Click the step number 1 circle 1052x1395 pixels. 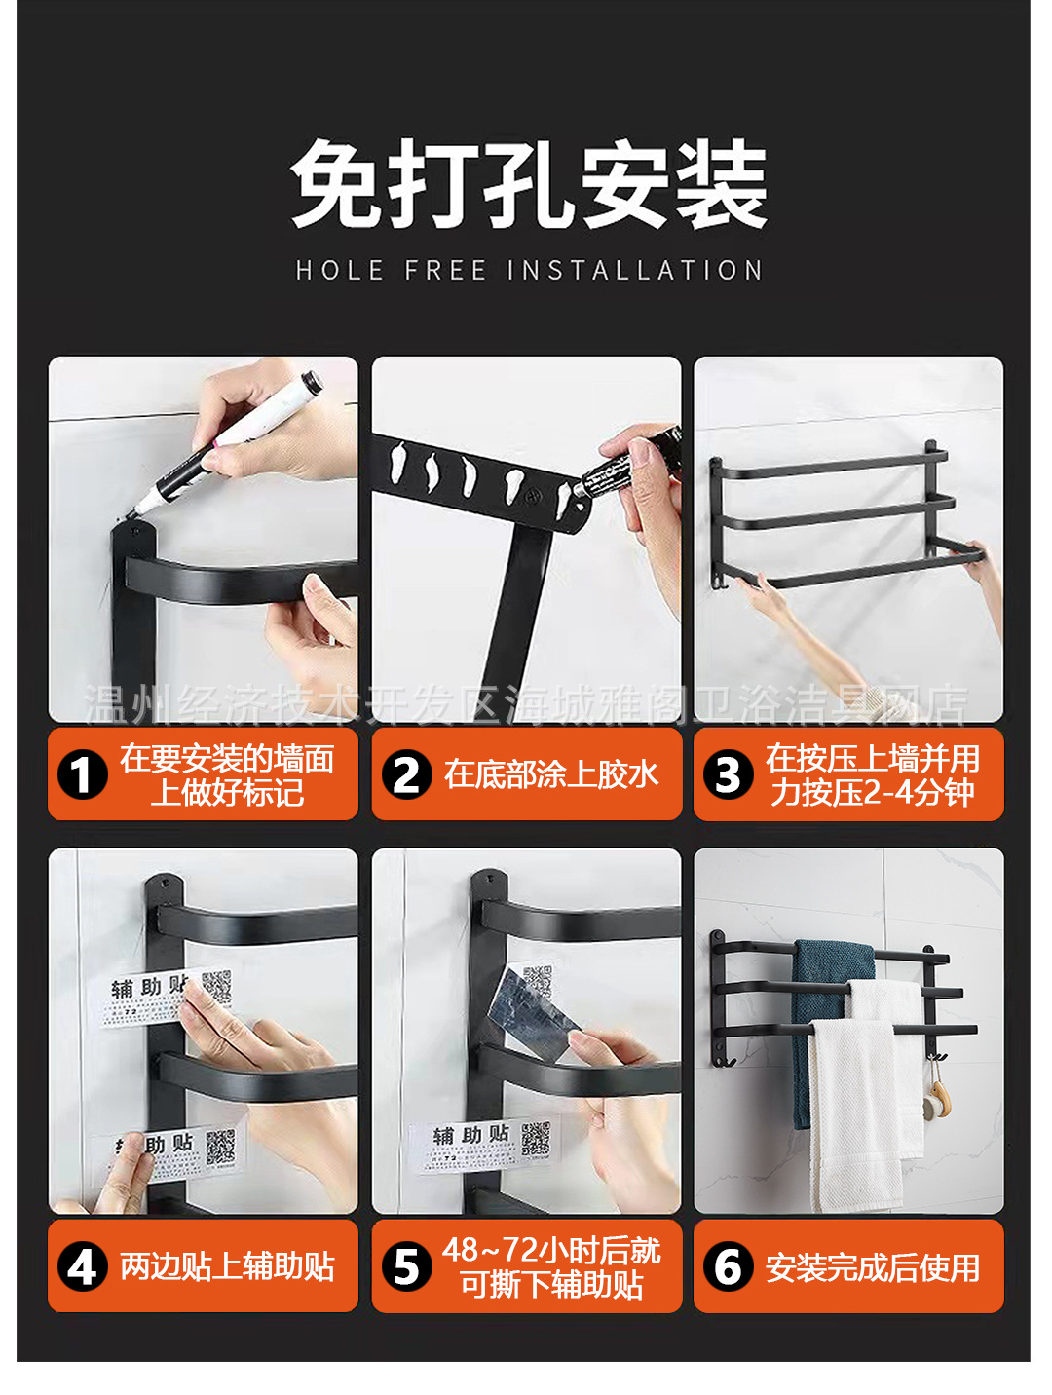point(82,775)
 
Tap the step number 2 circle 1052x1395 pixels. point(406,775)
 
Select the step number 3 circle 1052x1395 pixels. point(728,775)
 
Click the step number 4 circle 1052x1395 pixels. point(82,1267)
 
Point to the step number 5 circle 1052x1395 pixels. point(406,1267)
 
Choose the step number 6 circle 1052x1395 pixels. point(728,1267)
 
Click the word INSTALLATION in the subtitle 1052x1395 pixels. point(635,270)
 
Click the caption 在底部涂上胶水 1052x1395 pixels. point(551,774)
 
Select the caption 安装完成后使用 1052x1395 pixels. point(873,1267)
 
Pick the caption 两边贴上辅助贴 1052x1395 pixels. point(227,1266)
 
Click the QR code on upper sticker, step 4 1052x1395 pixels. point(216,987)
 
